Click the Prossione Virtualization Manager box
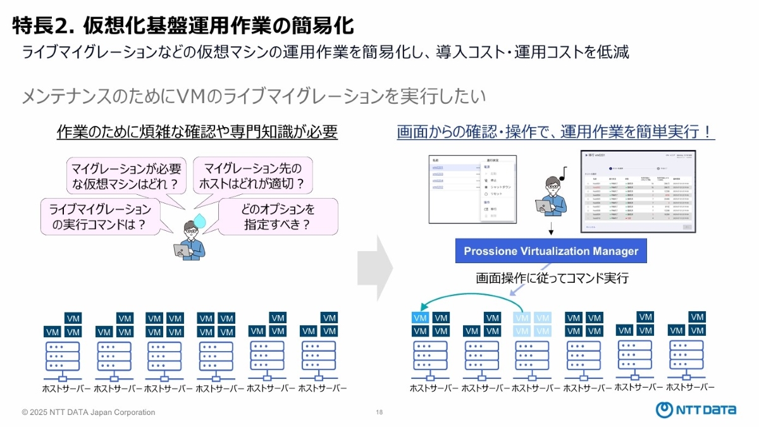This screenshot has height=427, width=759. coord(551,251)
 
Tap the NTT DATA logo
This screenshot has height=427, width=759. coord(695,409)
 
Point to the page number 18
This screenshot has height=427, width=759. coord(379,412)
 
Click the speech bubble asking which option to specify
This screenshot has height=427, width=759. coord(269,216)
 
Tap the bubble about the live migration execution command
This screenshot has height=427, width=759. coord(100,216)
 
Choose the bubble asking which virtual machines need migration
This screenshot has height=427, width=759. coord(126,176)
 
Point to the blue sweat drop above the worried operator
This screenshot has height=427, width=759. coord(201,220)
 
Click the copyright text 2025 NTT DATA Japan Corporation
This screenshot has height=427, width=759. coord(89,412)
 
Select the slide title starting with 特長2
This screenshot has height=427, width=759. coord(183,25)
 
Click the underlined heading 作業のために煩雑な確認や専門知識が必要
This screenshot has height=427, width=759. coord(197,132)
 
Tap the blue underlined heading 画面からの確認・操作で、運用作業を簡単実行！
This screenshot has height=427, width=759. coord(556,132)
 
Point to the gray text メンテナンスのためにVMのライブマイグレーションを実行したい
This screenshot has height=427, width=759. coord(254,96)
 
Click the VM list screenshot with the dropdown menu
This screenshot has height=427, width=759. coord(472,189)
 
